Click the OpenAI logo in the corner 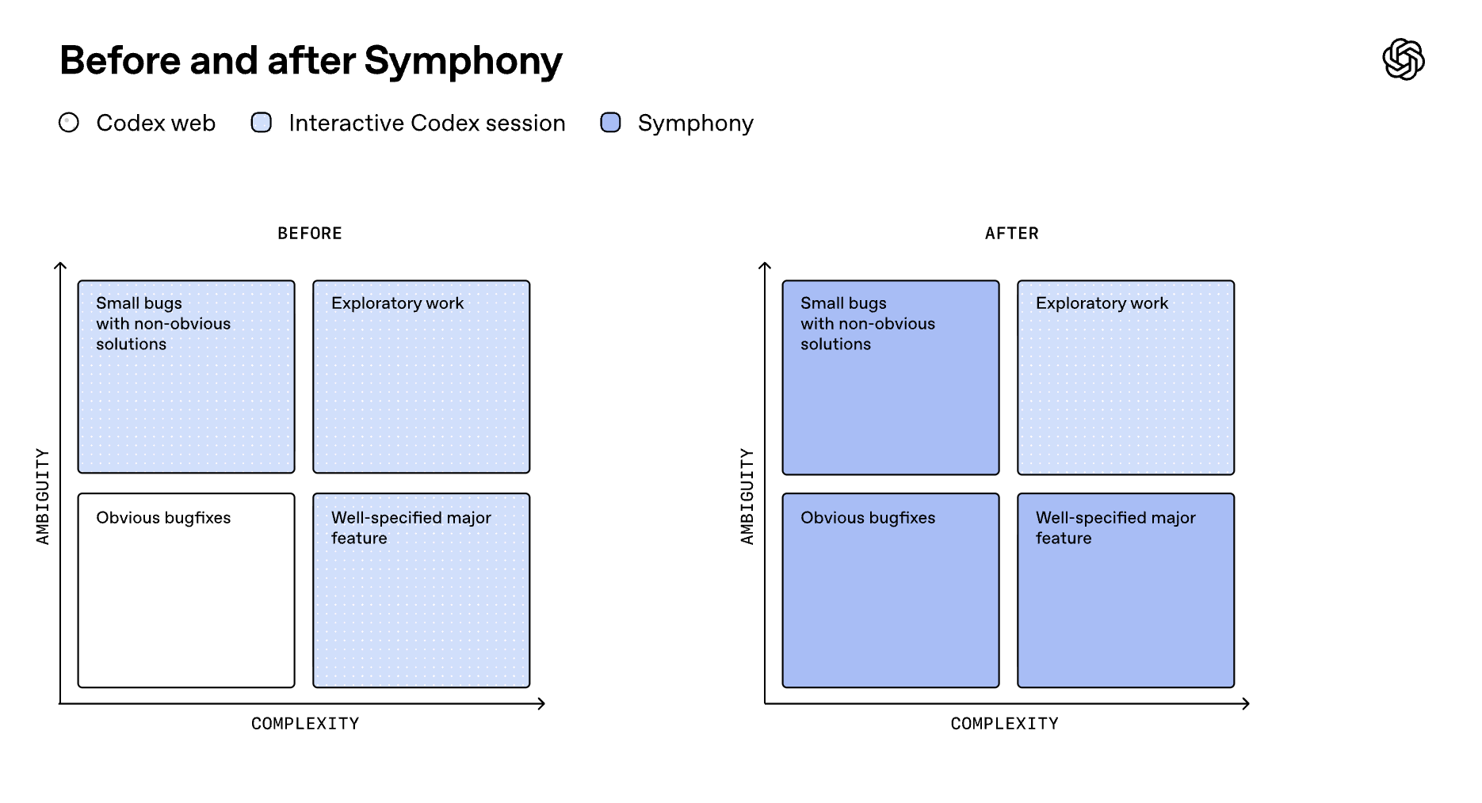[1403, 59]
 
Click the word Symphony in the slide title [463, 61]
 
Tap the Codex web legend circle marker [69, 123]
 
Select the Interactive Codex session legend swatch [262, 123]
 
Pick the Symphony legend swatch [610, 123]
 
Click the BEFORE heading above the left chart [310, 234]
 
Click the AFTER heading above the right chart [1011, 234]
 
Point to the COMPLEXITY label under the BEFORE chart [305, 724]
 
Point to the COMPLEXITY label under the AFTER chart [1004, 724]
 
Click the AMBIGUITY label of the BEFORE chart [43, 497]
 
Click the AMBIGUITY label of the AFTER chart [747, 497]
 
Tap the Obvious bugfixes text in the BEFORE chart [163, 518]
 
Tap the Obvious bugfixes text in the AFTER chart [868, 518]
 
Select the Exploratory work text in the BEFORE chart [397, 303]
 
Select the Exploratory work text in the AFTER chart [1102, 303]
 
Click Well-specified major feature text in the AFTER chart [1115, 527]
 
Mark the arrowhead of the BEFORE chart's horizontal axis [542, 703]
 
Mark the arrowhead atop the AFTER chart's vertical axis [765, 266]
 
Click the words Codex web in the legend [155, 124]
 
